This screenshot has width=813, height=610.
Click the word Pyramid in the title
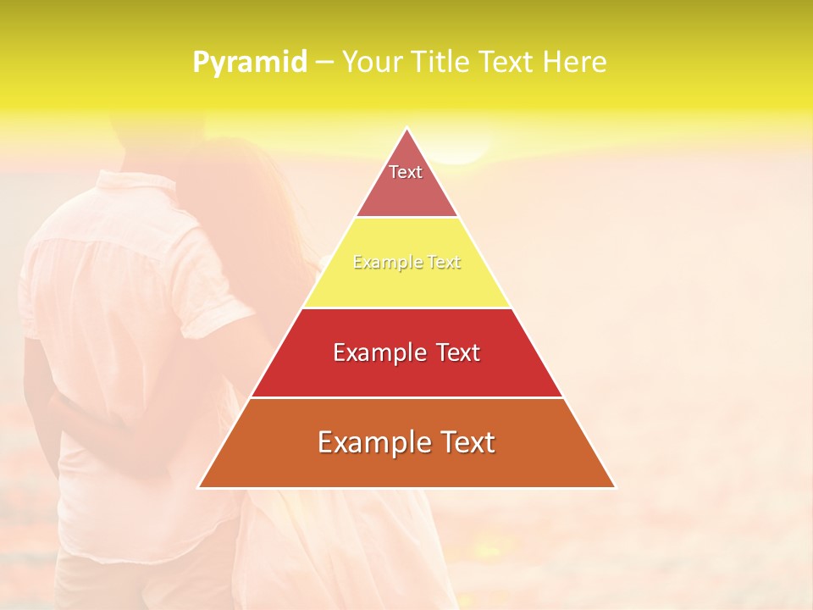tap(249, 63)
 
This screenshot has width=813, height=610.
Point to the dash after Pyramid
tap(324, 63)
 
